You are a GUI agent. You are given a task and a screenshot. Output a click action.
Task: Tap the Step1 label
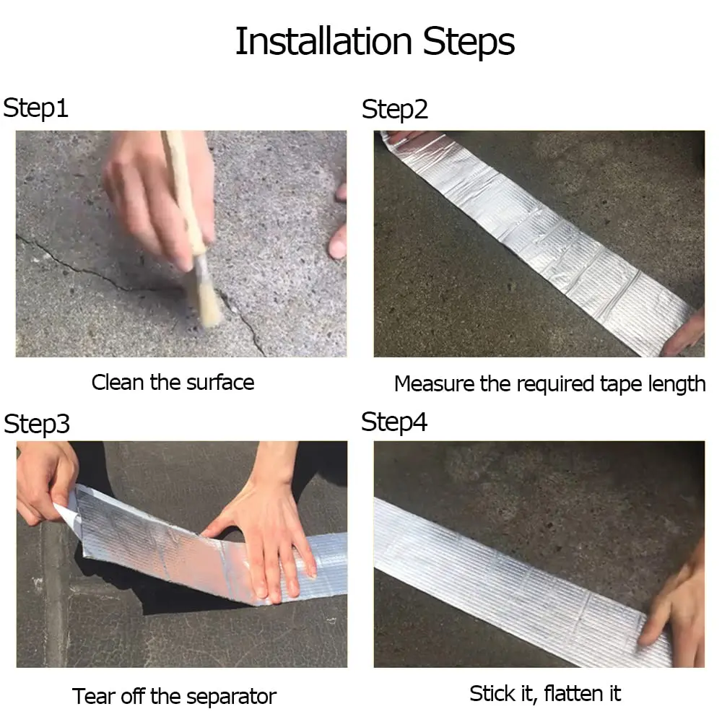coord(36,108)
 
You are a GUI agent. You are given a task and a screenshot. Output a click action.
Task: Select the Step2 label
coord(394,110)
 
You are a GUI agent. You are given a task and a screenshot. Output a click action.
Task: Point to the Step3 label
coord(37,424)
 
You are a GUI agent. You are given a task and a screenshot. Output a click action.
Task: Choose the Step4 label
coord(394,422)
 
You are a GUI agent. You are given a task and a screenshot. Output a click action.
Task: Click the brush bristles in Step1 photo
coord(207,303)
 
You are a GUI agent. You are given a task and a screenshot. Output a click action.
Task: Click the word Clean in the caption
coord(118,382)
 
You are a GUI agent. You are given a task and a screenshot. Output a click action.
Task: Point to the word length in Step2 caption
coord(674,384)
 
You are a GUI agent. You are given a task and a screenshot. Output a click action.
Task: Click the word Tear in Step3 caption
coord(92,697)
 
